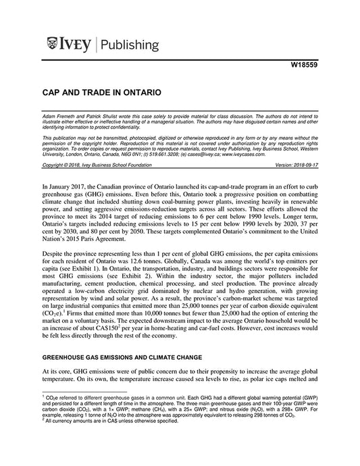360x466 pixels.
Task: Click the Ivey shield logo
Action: click(x=53, y=45)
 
